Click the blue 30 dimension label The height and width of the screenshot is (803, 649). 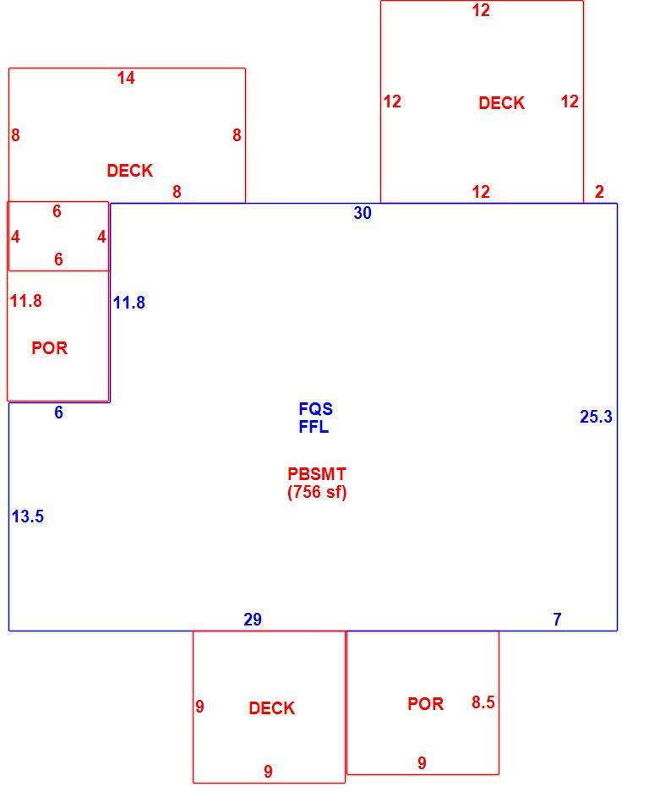point(363,212)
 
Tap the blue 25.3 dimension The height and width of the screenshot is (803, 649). point(596,417)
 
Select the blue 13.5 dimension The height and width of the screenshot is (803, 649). point(28,516)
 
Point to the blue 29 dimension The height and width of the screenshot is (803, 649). point(253,620)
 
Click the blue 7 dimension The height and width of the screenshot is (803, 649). point(558,620)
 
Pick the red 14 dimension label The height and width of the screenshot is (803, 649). point(126,78)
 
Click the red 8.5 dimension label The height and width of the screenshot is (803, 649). point(483,702)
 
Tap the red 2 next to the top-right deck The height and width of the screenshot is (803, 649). point(599,192)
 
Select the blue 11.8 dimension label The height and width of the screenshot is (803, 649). point(129,303)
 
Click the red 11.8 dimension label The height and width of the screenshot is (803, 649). point(26,301)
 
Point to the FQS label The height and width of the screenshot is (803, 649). point(316,408)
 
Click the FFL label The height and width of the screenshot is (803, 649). point(314,427)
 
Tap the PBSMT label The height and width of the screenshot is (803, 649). point(317,473)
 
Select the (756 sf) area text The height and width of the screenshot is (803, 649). point(317,492)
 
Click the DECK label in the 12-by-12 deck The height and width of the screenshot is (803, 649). point(502,103)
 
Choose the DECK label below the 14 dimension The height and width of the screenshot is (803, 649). point(130,171)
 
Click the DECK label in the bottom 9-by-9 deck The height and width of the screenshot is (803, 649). point(272,708)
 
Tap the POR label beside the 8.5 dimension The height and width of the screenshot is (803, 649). point(425,703)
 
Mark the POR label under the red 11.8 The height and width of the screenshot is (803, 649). point(50,347)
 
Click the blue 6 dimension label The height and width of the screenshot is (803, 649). point(59,412)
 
